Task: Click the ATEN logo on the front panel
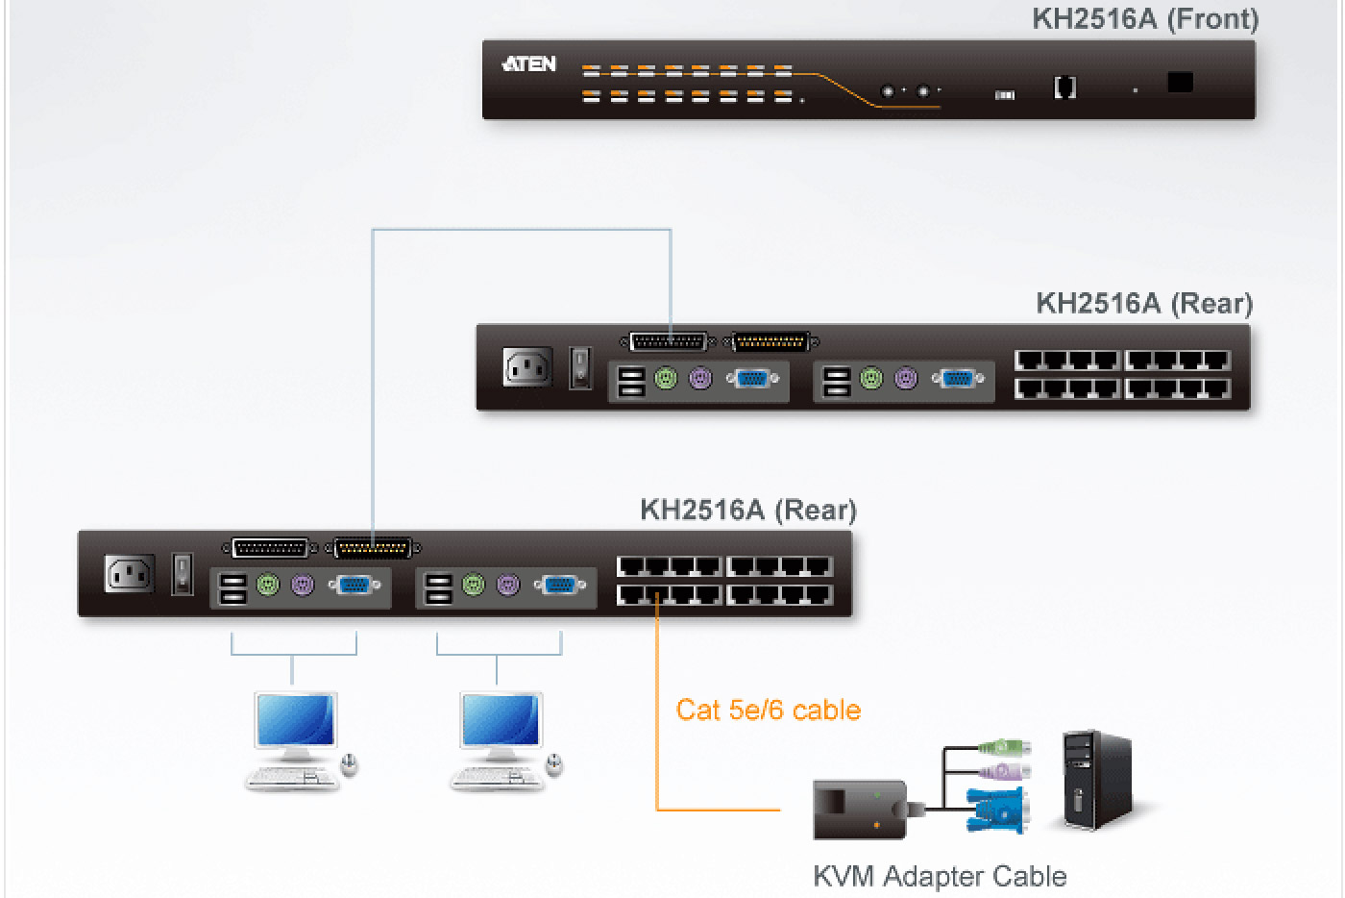528,64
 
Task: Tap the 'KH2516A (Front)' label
1145,18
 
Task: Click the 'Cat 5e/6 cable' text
768,710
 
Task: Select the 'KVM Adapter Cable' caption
940,876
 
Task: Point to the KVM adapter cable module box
860,809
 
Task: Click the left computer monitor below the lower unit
296,720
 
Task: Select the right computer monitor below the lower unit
501,720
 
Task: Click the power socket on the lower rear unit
129,574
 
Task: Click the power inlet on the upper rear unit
527,367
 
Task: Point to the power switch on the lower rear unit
182,573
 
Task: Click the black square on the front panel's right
1180,83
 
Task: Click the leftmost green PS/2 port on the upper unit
666,379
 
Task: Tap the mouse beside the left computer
350,764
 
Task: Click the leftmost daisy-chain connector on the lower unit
271,548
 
